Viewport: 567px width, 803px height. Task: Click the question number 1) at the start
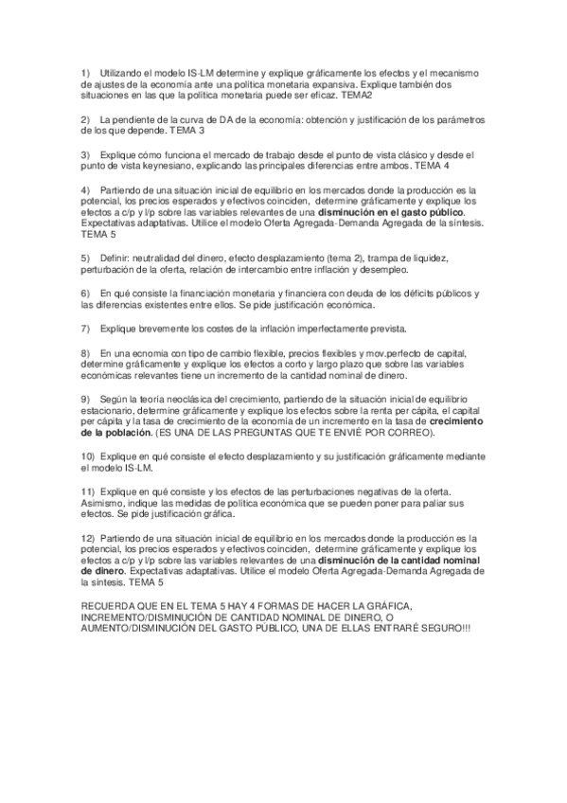click(x=86, y=74)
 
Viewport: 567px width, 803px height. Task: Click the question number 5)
click(x=86, y=258)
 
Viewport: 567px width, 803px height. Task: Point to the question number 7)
click(x=86, y=328)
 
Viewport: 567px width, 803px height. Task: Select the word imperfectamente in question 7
click(x=314, y=328)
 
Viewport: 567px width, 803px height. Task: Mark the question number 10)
click(x=88, y=456)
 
